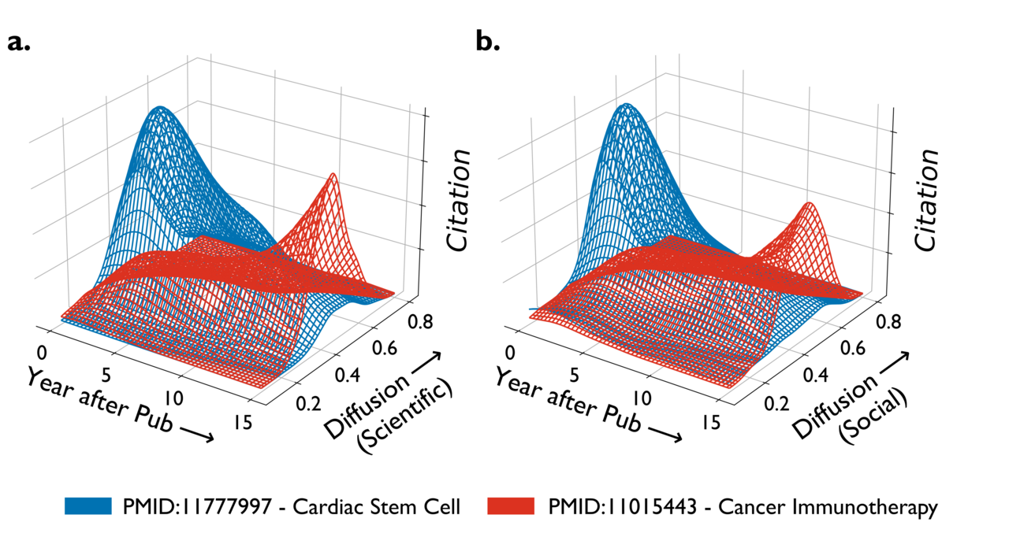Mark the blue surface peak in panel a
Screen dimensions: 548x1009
(161, 108)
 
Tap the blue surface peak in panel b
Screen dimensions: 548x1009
(627, 105)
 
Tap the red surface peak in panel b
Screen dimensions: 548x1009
(808, 204)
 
